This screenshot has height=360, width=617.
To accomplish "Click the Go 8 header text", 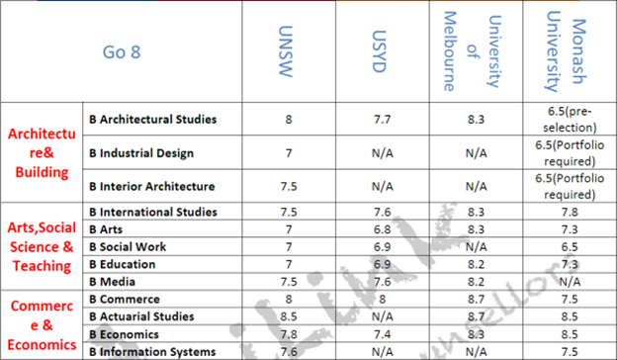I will pyautogui.click(x=122, y=51).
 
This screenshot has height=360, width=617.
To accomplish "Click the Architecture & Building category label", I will pyautogui.click(x=41, y=153).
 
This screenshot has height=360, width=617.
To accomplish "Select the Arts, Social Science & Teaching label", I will pyautogui.click(x=41, y=245).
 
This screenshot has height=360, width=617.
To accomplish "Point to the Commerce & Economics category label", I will pyautogui.click(x=41, y=324).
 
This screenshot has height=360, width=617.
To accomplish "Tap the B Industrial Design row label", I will pyautogui.click(x=140, y=153).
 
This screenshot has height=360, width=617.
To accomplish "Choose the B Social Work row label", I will pyautogui.click(x=128, y=245).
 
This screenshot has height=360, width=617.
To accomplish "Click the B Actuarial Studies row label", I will pyautogui.click(x=143, y=315).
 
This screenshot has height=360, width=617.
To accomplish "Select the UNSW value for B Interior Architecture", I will pyautogui.click(x=289, y=187).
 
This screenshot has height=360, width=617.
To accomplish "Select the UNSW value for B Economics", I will pyautogui.click(x=289, y=333).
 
